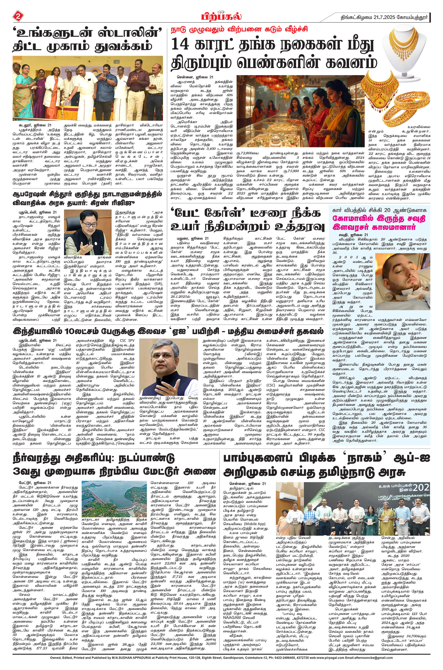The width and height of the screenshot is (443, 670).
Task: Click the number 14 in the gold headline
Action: (181, 45)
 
